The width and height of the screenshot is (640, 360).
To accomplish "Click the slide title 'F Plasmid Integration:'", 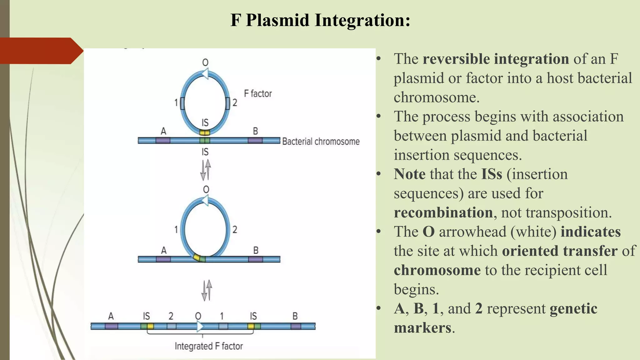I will pos(320,20).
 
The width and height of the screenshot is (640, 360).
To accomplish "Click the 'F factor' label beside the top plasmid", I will pos(257,93).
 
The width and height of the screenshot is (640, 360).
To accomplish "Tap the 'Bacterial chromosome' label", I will pos(321,141).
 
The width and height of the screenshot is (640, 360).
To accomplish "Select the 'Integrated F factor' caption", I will pos(208,346).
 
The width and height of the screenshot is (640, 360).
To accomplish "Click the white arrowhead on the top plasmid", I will pos(205,74).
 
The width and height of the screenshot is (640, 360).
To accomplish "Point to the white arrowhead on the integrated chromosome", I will pos(200,327).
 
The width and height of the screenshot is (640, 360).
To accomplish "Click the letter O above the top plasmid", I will pos(205,62).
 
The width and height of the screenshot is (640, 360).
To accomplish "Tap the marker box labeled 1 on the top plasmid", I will pos(182,103).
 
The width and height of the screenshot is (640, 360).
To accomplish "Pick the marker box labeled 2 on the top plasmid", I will pos(227,103).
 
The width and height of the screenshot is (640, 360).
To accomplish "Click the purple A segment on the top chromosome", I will pos(163,141).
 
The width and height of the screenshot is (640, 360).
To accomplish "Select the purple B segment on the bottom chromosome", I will pos(296,327).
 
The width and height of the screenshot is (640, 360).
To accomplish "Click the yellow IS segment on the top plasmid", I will pos(205,133).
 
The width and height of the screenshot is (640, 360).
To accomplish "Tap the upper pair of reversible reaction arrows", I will pos(205,170).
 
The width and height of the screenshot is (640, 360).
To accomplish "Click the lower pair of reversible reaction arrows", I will pos(206,290).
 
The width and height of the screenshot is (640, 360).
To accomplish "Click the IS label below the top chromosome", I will pos(205,152).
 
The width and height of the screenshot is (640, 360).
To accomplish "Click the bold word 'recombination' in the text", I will pos(443,212).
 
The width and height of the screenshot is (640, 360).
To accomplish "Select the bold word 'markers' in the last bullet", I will pos(422,328).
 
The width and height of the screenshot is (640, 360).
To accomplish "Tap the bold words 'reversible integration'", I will pos(496,59).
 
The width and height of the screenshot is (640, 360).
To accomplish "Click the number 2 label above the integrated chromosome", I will pos(171,316).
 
